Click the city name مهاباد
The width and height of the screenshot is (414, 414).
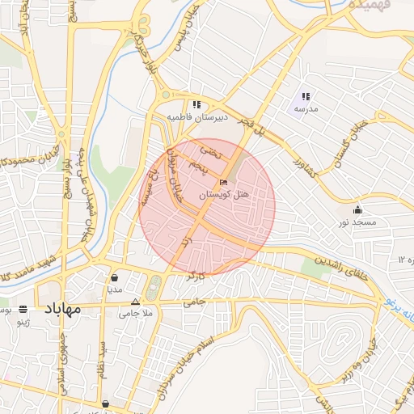pos(63,309)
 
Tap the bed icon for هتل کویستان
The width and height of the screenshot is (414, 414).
pos(224,184)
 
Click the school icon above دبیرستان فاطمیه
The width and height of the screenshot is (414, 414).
pos(196,104)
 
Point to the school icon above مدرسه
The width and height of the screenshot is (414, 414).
pos(306,96)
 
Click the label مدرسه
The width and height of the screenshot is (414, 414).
pos(306,108)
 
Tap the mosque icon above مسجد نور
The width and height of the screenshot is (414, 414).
pos(357,210)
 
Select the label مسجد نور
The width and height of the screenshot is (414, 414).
pos(356,222)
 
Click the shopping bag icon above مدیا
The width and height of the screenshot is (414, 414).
pos(115,277)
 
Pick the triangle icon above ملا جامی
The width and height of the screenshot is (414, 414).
pos(135,300)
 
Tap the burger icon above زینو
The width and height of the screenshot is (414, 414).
pos(23,309)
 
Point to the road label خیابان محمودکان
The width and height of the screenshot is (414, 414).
pos(28,154)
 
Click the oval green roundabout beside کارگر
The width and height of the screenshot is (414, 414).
pos(154,285)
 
